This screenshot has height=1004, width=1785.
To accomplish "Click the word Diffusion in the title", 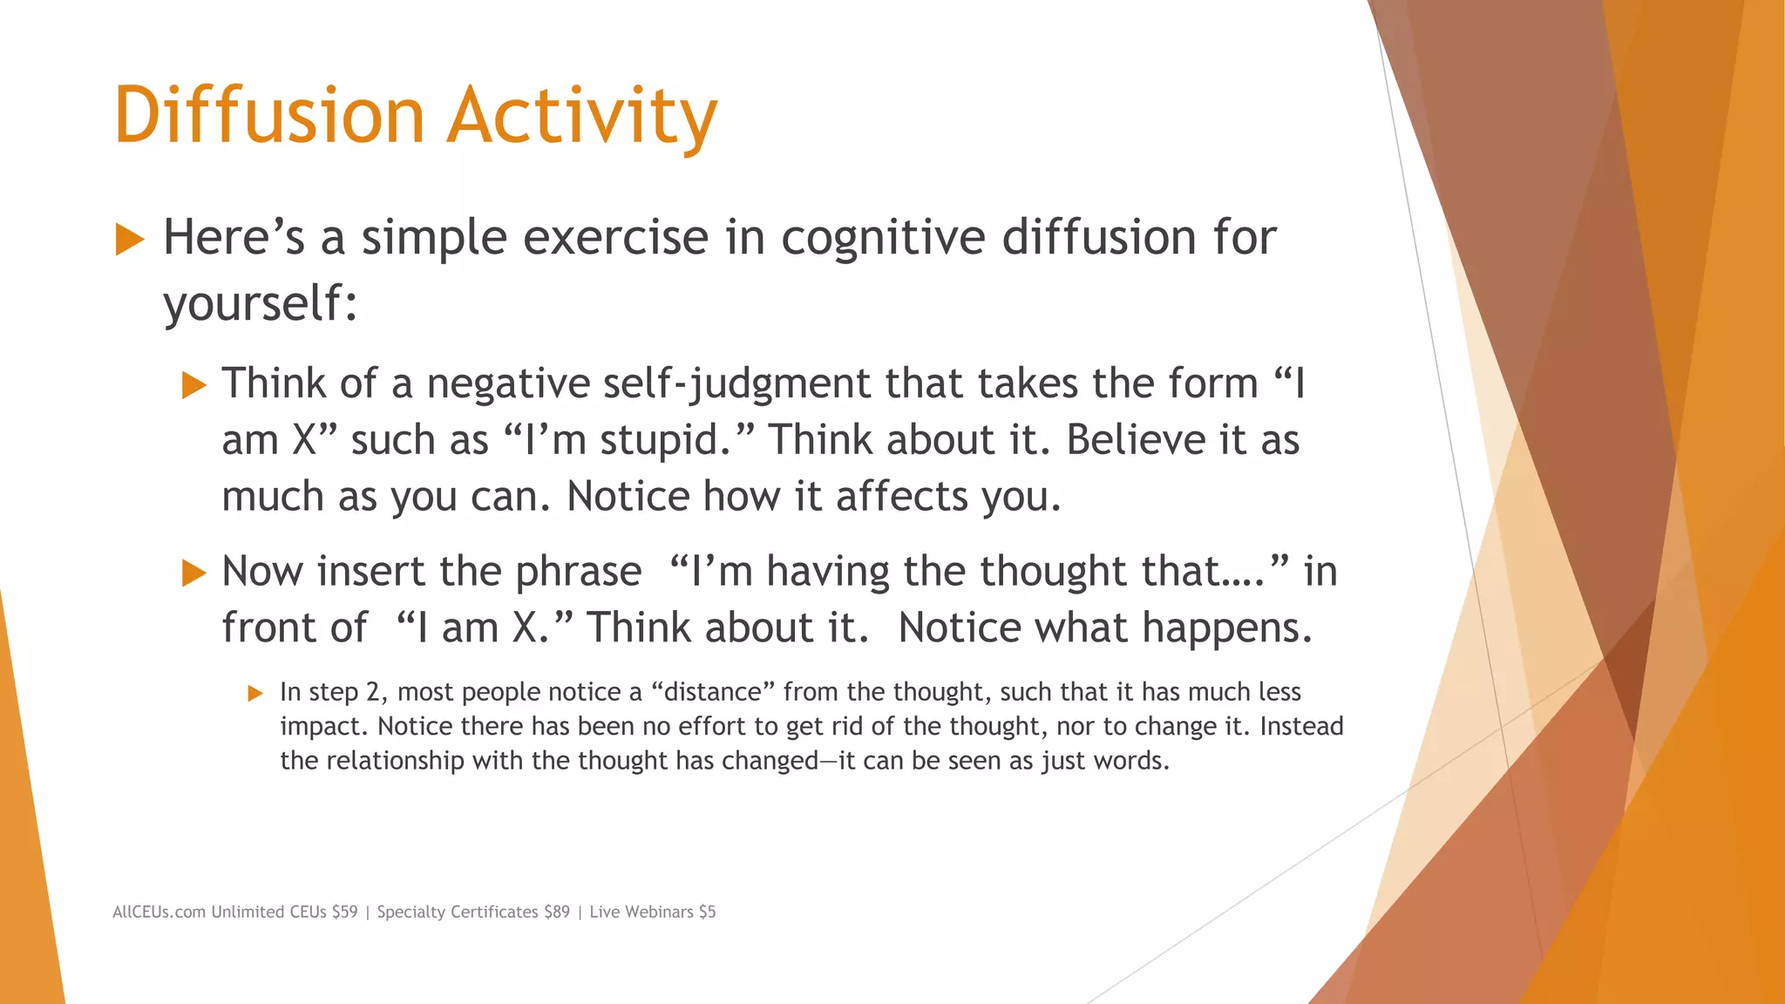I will click(268, 115).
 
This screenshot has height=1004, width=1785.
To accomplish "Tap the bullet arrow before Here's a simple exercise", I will click(129, 240).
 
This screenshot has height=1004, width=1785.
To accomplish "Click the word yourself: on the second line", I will click(261, 304).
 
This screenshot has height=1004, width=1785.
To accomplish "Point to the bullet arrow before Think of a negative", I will click(193, 385).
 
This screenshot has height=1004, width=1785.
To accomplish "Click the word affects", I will click(901, 497).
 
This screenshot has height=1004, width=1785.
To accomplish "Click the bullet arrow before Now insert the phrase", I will click(193, 573).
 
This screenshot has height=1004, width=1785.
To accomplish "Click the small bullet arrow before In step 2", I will click(255, 694).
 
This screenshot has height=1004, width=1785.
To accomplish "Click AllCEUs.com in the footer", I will click(159, 912).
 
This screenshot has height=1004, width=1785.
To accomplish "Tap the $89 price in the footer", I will click(556, 912).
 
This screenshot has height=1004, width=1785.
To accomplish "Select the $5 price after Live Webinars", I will click(707, 912).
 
